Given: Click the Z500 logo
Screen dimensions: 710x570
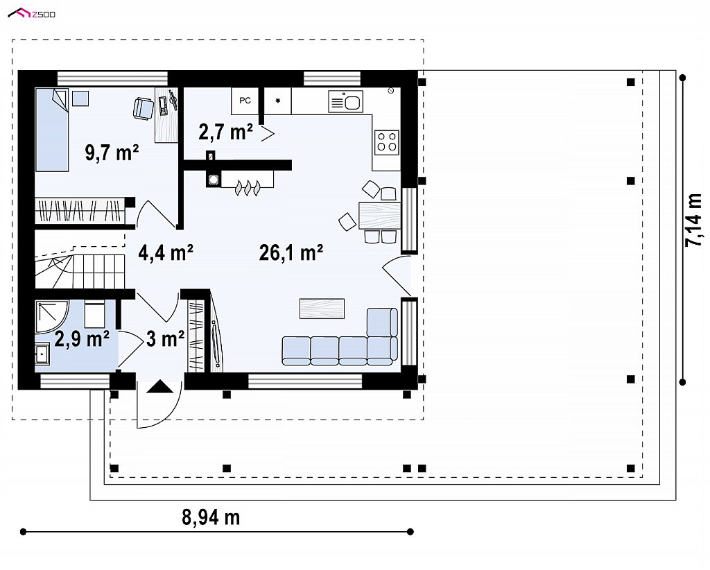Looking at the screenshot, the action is point(32,14).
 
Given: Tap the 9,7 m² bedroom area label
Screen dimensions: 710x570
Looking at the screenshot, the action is point(112,153).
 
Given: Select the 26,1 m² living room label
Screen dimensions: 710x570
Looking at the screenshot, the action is point(291,252).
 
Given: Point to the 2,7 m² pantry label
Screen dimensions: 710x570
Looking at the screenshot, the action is point(225,132).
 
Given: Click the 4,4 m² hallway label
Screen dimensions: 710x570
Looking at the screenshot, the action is point(166,252).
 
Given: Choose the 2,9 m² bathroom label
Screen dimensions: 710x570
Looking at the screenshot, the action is point(82,338).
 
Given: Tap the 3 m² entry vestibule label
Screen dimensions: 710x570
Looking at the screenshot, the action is point(165,338).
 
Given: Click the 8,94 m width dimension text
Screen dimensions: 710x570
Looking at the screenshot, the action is point(211,517).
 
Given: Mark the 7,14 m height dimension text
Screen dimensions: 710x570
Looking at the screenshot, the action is point(693,220).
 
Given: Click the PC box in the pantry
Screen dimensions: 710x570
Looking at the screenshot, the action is point(245,101).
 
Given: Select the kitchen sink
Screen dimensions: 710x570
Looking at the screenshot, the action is point(345,101).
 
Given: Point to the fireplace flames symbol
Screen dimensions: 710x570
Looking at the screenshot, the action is point(248,187).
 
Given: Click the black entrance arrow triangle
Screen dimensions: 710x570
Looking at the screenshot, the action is point(159,386).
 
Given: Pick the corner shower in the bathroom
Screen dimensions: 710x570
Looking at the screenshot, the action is point(51,318).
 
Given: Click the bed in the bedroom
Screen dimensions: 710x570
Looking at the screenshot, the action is point(51,130).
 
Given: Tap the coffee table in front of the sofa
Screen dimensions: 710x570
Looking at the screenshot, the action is point(322,309).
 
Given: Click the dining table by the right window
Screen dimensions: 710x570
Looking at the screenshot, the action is point(379,216).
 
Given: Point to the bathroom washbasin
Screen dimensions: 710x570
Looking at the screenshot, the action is point(42,353).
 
